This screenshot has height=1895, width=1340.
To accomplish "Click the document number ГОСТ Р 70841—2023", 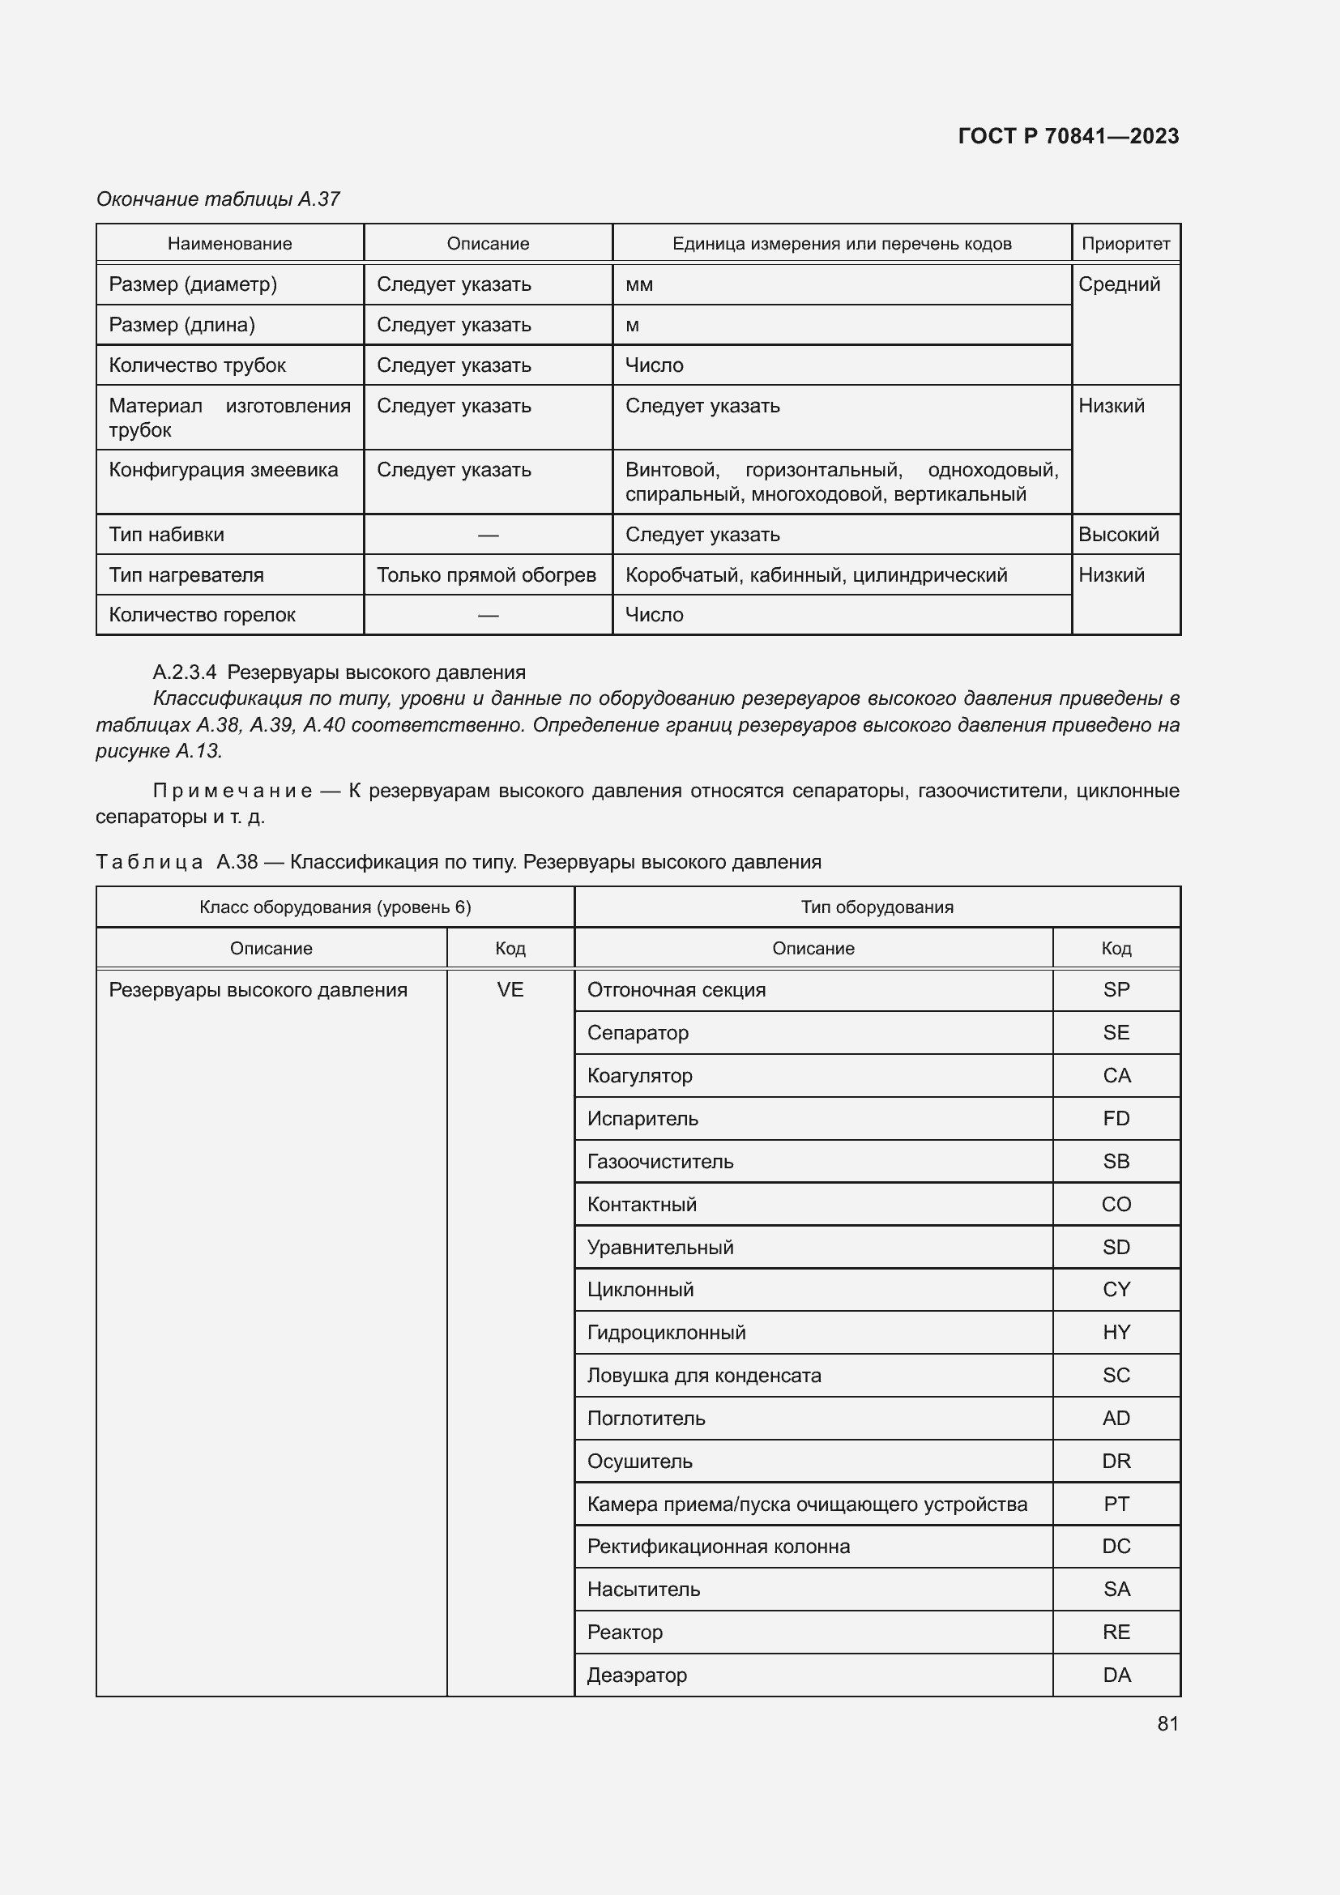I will (1068, 136).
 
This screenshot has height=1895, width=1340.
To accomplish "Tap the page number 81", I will (1167, 1723).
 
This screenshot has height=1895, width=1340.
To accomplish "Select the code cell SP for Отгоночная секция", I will (1116, 989).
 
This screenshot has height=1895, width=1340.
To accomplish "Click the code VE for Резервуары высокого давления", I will (510, 989).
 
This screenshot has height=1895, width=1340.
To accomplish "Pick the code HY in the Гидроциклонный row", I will (1116, 1332).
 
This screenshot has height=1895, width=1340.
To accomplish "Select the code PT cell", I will (1116, 1504).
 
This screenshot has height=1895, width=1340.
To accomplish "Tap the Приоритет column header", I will (1125, 244).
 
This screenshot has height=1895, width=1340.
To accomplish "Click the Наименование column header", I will (229, 244).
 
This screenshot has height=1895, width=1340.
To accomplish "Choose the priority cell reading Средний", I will (1119, 284).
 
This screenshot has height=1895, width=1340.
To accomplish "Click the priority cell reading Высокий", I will (1118, 534).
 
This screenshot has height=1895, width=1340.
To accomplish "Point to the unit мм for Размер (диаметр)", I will (639, 284).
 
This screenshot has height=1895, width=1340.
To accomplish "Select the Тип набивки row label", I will (167, 534).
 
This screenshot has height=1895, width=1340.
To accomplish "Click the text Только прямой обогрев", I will (486, 574).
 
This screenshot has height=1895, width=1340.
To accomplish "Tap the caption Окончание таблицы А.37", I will (218, 199).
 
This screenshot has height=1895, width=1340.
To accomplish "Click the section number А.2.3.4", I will (184, 672).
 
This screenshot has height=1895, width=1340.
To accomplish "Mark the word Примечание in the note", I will (233, 791).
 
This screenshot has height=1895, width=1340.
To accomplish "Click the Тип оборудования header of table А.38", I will (877, 907).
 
